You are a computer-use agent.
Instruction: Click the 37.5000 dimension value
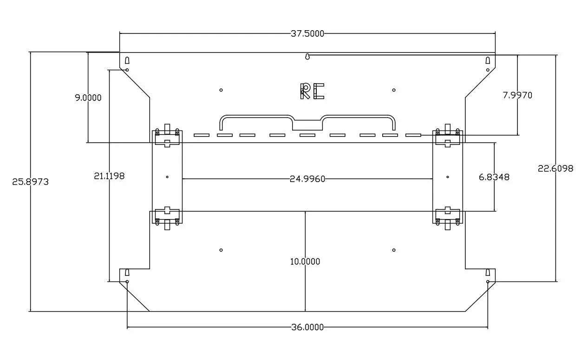(x=307, y=33)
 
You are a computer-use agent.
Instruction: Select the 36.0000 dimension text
(x=307, y=327)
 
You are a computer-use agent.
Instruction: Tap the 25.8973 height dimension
(x=31, y=182)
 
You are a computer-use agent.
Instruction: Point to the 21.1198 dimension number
(x=109, y=176)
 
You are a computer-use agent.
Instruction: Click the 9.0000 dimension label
(x=88, y=98)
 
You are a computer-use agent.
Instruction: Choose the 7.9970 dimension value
(x=517, y=95)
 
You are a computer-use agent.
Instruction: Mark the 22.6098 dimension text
(x=555, y=168)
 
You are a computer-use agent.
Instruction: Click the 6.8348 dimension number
(x=494, y=177)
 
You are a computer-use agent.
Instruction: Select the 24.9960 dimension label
(x=307, y=179)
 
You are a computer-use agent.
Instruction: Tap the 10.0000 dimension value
(x=305, y=262)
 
